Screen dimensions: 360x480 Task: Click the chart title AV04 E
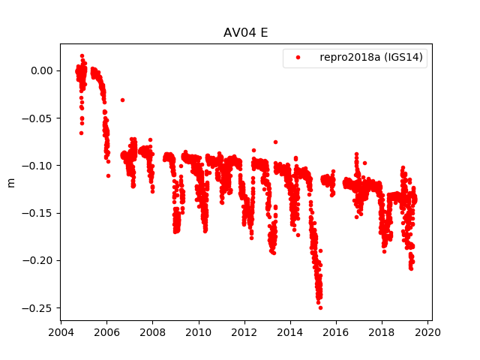(245, 33)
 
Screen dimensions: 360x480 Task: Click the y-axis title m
(10, 182)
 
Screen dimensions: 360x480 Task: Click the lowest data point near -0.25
(320, 307)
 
